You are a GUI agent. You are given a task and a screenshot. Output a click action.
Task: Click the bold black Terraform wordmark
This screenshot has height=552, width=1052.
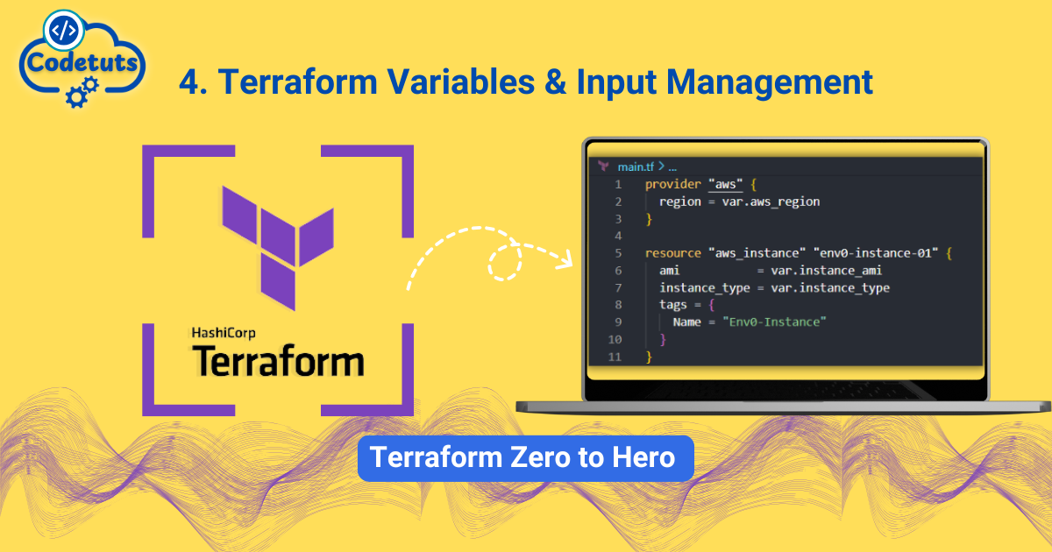(x=277, y=361)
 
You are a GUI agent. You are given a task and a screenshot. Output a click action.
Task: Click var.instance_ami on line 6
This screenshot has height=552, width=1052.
(x=826, y=271)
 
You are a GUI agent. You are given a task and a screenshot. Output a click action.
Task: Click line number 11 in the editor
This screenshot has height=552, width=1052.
(x=614, y=357)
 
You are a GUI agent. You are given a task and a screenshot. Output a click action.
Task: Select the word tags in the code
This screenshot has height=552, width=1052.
(x=674, y=304)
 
